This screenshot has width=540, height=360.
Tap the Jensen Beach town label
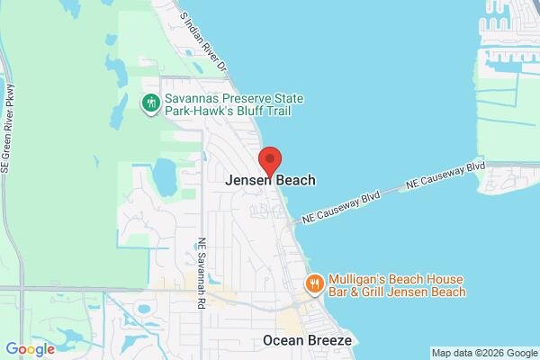click(270, 180)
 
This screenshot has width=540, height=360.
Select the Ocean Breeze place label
click(307, 340)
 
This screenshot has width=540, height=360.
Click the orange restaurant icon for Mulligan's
click(314, 285)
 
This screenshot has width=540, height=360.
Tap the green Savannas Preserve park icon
click(151, 104)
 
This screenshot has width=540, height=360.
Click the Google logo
click(30, 349)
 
